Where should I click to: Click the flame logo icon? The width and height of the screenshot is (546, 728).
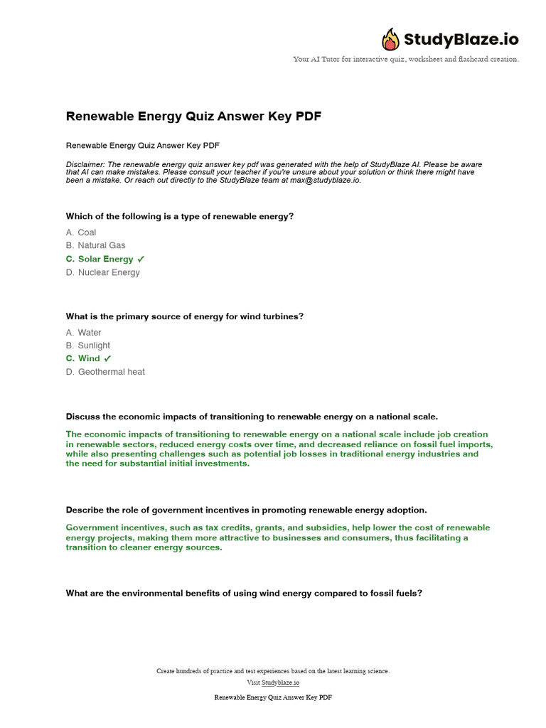(391, 39)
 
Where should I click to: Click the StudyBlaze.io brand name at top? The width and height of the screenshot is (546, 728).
(461, 39)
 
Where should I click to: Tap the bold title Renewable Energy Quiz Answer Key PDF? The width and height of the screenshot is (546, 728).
(193, 116)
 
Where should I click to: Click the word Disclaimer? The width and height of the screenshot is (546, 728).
(85, 164)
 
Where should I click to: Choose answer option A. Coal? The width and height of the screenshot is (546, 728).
(81, 232)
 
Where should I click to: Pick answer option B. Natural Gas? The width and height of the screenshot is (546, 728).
(96, 245)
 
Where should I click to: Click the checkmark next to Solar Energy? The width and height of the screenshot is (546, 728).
(141, 259)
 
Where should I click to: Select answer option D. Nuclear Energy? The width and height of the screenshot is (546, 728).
(103, 272)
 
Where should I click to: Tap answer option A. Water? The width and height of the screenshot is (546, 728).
(84, 333)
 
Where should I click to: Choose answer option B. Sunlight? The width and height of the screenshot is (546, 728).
(88, 346)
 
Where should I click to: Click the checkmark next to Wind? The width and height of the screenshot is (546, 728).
(107, 359)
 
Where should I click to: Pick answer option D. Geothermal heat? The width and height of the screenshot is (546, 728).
(105, 372)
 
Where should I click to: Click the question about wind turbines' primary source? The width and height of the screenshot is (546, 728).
(185, 316)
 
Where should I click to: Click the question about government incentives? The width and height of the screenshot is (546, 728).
(246, 510)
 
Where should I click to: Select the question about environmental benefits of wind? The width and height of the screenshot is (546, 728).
(244, 592)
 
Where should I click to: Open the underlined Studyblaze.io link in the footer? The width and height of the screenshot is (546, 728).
(280, 682)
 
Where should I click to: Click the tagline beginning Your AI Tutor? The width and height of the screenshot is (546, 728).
(406, 59)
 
